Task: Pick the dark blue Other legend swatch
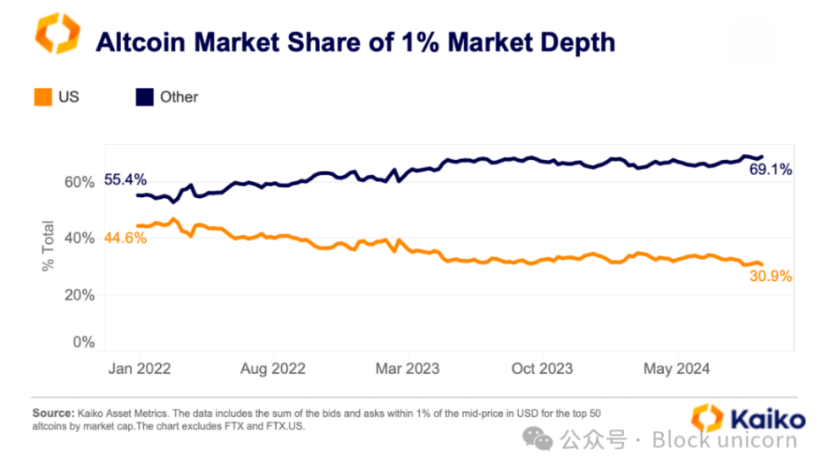(143, 97)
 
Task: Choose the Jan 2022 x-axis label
(140, 369)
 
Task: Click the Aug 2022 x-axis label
(273, 369)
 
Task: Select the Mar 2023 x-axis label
(407, 369)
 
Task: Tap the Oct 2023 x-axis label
(542, 369)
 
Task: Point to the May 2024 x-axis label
(677, 369)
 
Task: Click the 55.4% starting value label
(125, 179)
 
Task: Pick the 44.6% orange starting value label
(125, 238)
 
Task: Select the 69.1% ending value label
(771, 170)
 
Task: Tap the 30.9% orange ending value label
(771, 276)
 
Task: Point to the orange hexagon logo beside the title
(56, 34)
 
